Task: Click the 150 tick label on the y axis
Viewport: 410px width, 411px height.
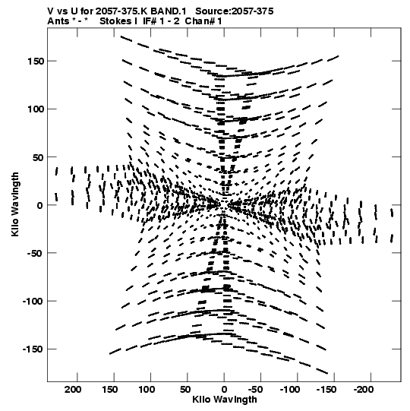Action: click(x=36, y=62)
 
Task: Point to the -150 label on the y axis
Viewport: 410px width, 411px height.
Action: click(x=33, y=349)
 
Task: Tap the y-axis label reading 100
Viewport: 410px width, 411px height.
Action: click(x=36, y=109)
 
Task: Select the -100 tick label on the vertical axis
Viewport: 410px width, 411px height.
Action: click(x=33, y=302)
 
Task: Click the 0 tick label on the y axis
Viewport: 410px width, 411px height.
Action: click(x=39, y=205)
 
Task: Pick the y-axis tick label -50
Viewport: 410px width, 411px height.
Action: click(x=35, y=254)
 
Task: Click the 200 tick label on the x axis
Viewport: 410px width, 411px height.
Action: click(x=73, y=390)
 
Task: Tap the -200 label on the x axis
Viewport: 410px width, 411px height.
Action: click(x=364, y=390)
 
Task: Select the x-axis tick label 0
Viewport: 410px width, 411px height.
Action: click(x=224, y=390)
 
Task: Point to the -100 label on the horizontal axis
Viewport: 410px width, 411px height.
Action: click(x=290, y=390)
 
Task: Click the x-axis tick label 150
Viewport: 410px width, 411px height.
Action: click(x=110, y=390)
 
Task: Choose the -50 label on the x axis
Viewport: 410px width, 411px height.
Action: click(x=255, y=390)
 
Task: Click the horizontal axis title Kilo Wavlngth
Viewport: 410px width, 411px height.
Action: click(x=225, y=400)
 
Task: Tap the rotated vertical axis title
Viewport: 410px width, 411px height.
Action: click(x=15, y=204)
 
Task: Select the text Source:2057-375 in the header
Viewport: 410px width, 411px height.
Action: click(x=235, y=11)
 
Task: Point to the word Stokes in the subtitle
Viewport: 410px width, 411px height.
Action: click(x=115, y=21)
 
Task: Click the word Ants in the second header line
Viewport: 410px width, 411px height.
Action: click(x=58, y=21)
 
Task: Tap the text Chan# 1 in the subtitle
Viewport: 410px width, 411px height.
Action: click(x=203, y=21)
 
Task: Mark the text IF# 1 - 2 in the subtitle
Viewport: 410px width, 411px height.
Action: click(x=161, y=21)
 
